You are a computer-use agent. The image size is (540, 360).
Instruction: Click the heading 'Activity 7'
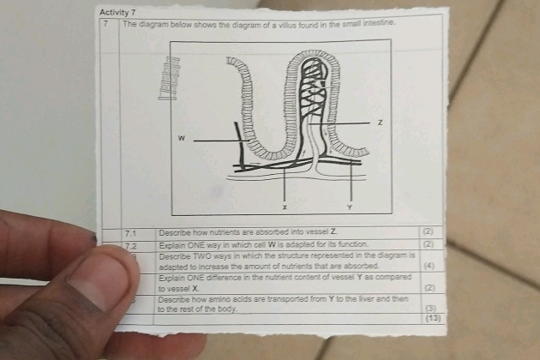click(x=118, y=12)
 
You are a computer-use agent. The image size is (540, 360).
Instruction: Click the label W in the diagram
click(x=181, y=137)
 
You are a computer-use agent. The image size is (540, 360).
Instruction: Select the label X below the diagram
click(x=285, y=207)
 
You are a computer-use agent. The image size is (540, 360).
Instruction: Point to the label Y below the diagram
click(x=349, y=207)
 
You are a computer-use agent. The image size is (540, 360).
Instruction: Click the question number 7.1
click(x=130, y=232)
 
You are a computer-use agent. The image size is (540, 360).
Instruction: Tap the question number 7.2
click(x=130, y=245)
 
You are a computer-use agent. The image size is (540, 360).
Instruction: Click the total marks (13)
click(x=431, y=318)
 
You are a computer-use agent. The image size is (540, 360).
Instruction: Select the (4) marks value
click(x=430, y=267)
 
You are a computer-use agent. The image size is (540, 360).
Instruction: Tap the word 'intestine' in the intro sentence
click(x=376, y=23)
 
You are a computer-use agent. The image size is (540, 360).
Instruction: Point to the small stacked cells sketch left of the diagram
click(x=170, y=78)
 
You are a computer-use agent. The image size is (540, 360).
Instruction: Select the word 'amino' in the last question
click(x=220, y=298)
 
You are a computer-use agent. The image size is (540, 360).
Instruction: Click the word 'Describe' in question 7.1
click(x=174, y=232)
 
